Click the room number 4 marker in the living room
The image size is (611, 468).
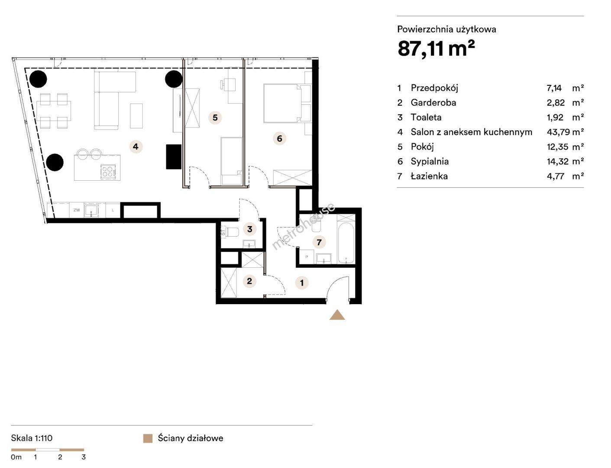pyautogui.click(x=136, y=146)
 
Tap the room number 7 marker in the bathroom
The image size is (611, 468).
pyautogui.click(x=319, y=242)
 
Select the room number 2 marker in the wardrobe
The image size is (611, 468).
pyautogui.click(x=249, y=281)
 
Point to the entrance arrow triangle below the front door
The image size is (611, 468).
pyautogui.click(x=337, y=315)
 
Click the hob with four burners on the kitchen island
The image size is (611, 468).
pyautogui.click(x=108, y=171)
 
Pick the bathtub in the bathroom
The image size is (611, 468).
pyautogui.click(x=346, y=243)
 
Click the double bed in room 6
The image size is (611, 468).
pyautogui.click(x=287, y=103)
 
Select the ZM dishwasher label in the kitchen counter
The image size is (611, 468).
pyautogui.click(x=76, y=210)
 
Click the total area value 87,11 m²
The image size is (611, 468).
pyautogui.click(x=436, y=49)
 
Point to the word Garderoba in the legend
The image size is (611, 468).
pyautogui.click(x=433, y=103)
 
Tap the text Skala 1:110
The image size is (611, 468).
pyautogui.click(x=32, y=438)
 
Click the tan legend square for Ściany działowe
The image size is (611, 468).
pyautogui.click(x=148, y=438)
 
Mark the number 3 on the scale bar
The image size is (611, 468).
pyautogui.click(x=84, y=457)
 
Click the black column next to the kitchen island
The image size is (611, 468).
pyautogui.click(x=55, y=162)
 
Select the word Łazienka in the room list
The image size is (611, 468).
pyautogui.click(x=429, y=176)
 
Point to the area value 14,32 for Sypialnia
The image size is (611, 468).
pyautogui.click(x=558, y=161)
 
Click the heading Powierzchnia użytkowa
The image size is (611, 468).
pyautogui.click(x=446, y=29)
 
